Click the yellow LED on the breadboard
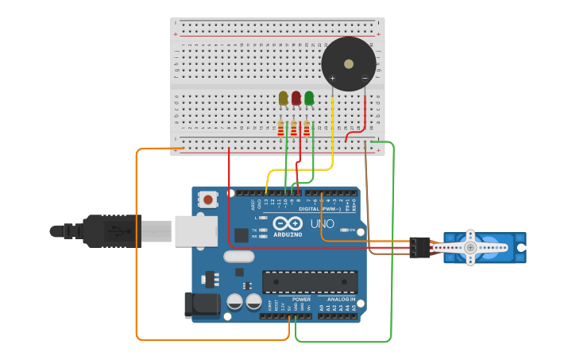[x=283, y=98]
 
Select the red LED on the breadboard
[x=296, y=98]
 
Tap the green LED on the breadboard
[x=309, y=98]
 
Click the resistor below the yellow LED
[x=280, y=128]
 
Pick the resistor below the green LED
[x=307, y=128]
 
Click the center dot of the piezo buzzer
[x=348, y=64]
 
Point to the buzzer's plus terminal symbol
[x=332, y=78]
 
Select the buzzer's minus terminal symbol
[x=365, y=78]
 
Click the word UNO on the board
[x=322, y=225]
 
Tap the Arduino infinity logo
[x=288, y=224]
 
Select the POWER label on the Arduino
[x=301, y=300]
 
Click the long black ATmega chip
[x=310, y=281]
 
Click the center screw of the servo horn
[x=470, y=248]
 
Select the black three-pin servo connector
[x=419, y=247]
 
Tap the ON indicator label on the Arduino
[x=352, y=230]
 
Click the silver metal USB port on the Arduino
[x=195, y=231]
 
